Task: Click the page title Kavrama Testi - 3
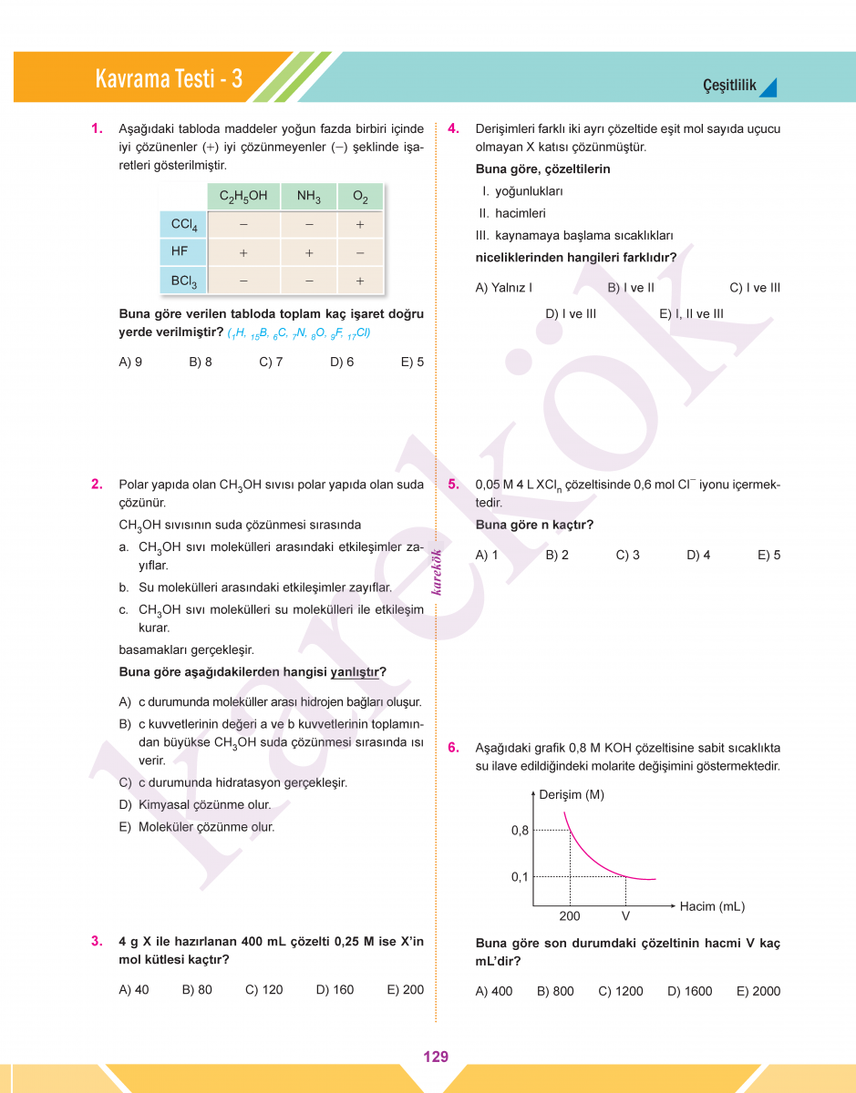[169, 79]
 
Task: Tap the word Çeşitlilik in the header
[729, 86]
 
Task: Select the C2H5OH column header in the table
[243, 196]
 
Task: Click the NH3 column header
[309, 196]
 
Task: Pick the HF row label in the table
[180, 250]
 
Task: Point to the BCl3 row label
[183, 281]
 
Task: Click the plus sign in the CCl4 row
[360, 224]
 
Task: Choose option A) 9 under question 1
[130, 362]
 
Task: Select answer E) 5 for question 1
[412, 362]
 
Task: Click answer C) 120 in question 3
[264, 989]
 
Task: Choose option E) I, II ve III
[691, 313]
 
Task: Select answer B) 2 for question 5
[557, 555]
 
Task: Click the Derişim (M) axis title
[572, 794]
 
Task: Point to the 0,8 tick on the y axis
[520, 830]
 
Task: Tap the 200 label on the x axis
[569, 915]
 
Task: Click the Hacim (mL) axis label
[712, 906]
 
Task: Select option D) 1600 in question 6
[689, 991]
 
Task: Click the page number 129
[436, 1057]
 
